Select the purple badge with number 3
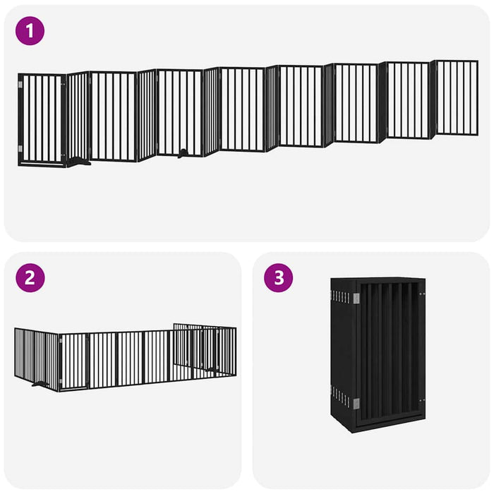[279, 277]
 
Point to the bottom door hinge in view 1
[20, 148]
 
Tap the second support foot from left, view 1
[184, 152]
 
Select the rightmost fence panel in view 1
[457, 97]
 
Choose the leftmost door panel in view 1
[42, 119]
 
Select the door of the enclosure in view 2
[73, 361]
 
